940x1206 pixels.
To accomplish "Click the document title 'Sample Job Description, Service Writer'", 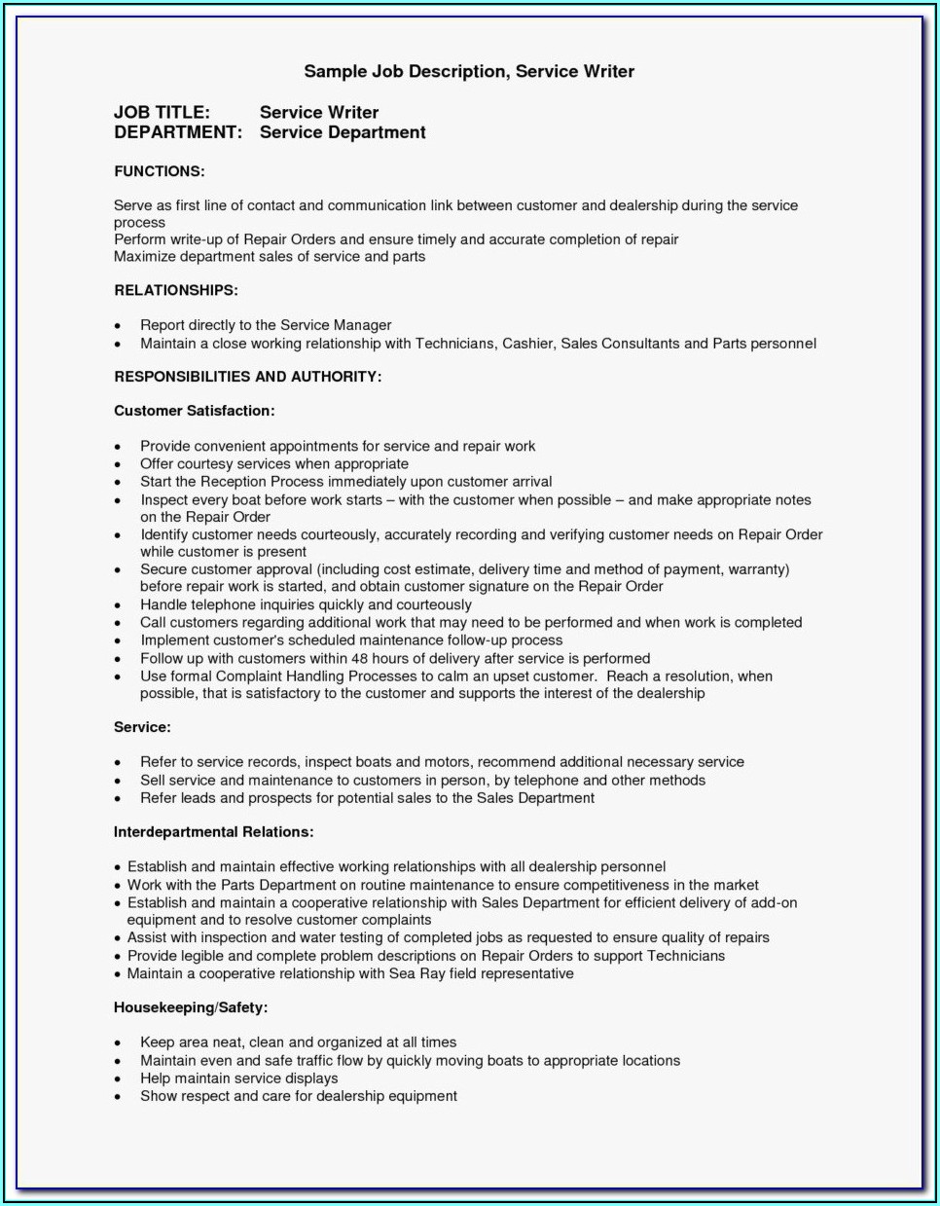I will (468, 71).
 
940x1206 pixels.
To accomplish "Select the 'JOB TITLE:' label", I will (162, 112).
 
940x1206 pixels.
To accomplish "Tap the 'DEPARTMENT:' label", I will (177, 132).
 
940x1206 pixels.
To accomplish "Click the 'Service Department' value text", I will (343, 132).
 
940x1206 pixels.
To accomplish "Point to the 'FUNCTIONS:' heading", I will (159, 171).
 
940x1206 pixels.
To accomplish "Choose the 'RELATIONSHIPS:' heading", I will (175, 290).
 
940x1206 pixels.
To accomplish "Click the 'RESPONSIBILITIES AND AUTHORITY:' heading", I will (247, 377).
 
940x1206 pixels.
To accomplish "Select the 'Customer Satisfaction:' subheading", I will (194, 411).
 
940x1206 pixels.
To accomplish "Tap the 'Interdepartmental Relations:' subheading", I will (213, 832).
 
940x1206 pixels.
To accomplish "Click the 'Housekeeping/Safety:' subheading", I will (190, 1007).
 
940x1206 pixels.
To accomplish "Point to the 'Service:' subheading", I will (142, 727).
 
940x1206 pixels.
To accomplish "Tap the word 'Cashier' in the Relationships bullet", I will (527, 344).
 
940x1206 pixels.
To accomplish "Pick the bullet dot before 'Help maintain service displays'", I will (118, 1079).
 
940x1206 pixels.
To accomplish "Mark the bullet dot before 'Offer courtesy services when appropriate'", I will (118, 465).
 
